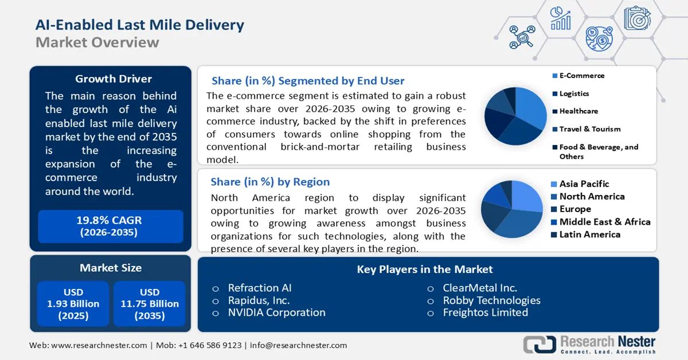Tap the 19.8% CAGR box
pyautogui.click(x=110, y=226)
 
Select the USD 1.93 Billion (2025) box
pyautogui.click(x=73, y=304)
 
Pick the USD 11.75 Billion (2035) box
pyautogui.click(x=149, y=304)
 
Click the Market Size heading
pyautogui.click(x=110, y=268)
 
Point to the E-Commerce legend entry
pyautogui.click(x=581, y=76)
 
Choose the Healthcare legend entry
pyautogui.click(x=578, y=111)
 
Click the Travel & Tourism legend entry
pyautogui.click(x=589, y=129)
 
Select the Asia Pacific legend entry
pyautogui.click(x=584, y=184)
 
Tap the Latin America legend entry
pyautogui.click(x=589, y=234)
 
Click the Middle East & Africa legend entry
pyautogui.click(x=604, y=222)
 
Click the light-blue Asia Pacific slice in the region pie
pyautogui.click(x=525, y=195)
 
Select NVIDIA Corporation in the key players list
pyautogui.click(x=276, y=312)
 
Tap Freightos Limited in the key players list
pyautogui.click(x=485, y=312)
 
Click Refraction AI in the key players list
pyautogui.click(x=260, y=288)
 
